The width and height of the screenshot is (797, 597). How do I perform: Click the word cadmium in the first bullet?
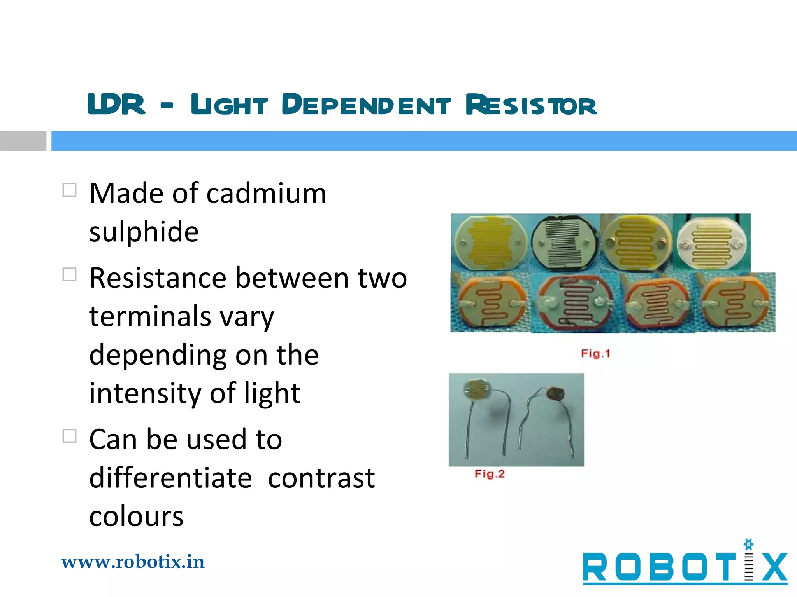(x=266, y=193)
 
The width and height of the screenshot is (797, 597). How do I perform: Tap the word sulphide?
(x=144, y=232)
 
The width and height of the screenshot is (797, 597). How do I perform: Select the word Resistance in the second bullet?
(x=158, y=278)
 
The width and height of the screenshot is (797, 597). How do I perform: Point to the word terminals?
(x=150, y=316)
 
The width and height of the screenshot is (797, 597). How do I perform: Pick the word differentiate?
(x=170, y=478)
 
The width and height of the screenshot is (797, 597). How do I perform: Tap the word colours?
(x=136, y=517)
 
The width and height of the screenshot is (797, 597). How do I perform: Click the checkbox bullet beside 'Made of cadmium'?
(x=69, y=190)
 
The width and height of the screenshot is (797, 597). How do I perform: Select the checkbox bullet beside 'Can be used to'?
(x=69, y=436)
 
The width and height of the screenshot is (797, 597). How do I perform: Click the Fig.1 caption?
(x=595, y=354)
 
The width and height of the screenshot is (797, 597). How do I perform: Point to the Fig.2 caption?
(x=489, y=474)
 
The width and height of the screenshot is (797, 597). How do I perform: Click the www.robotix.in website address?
(x=133, y=562)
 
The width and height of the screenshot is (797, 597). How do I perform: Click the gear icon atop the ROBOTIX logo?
(x=748, y=545)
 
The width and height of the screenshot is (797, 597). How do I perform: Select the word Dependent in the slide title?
(x=366, y=105)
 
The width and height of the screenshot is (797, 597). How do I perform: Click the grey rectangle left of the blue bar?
(x=23, y=141)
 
